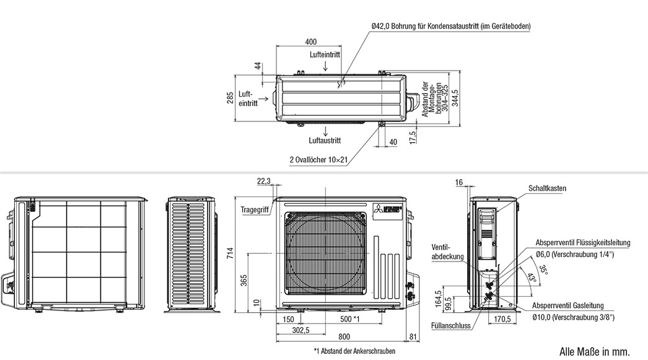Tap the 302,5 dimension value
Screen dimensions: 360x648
coord(302,330)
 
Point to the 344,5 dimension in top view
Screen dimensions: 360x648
coord(455,99)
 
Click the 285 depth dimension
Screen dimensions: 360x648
coord(230,98)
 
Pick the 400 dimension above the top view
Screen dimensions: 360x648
coord(311,42)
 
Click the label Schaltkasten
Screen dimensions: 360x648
coord(547,188)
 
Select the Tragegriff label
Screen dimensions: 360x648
coord(255,209)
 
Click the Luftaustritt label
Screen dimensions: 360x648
coord(325,141)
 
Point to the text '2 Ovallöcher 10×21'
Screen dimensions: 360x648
coord(318,159)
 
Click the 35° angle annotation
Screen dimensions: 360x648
coord(543,269)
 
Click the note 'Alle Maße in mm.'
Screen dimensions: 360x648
coord(594,351)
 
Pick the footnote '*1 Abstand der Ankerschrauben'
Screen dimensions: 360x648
coord(354,351)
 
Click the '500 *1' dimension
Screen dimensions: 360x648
coord(350,319)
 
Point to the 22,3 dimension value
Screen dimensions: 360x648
coord(264,181)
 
